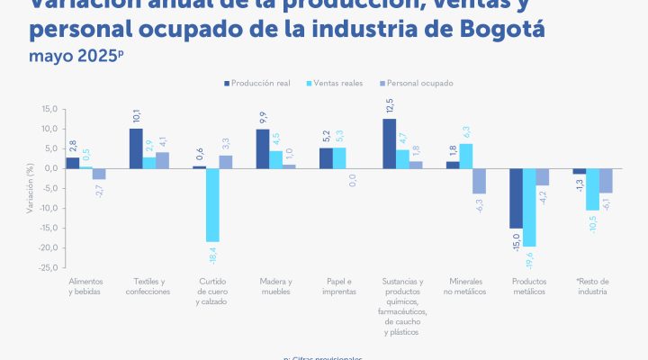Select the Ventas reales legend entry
click(338, 83)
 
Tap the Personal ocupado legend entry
click(420, 83)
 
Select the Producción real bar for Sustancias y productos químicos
click(389, 143)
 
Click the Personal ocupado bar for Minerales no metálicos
click(480, 181)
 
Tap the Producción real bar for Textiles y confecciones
click(136, 148)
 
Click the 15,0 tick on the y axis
click(49, 109)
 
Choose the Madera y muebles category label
click(274, 286)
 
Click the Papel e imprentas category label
click(338, 286)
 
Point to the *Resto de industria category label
click(591, 286)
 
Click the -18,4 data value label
click(213, 255)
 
